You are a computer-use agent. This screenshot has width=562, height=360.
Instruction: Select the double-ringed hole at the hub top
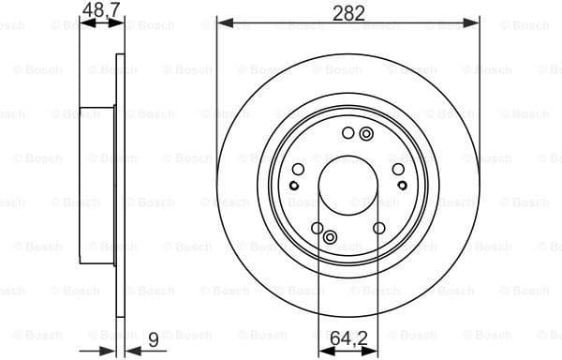click(363, 135)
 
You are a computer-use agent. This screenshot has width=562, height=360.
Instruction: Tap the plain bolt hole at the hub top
click(348, 132)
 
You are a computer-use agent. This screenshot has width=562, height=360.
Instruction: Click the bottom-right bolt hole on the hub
click(378, 228)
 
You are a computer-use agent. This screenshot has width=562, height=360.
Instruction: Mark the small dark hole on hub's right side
click(400, 202)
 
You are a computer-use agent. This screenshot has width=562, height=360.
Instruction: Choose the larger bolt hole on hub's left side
click(298, 169)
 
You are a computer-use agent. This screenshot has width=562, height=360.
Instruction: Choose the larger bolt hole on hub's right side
click(397, 169)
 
